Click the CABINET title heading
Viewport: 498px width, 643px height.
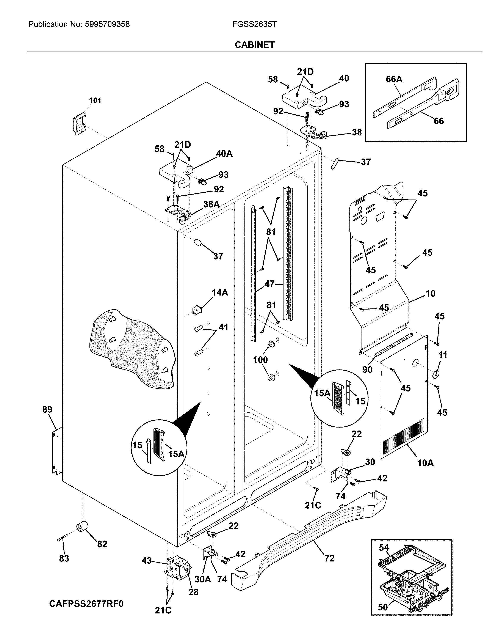254,45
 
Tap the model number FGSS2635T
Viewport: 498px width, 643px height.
254,24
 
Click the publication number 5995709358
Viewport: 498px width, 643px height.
107,24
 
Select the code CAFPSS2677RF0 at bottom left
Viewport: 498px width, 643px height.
86,604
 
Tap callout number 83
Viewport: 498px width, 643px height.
64,558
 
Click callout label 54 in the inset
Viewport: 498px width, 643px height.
384,547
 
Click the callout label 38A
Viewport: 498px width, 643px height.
211,204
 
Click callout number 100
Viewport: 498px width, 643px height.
260,360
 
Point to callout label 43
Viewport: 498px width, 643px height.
147,560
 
